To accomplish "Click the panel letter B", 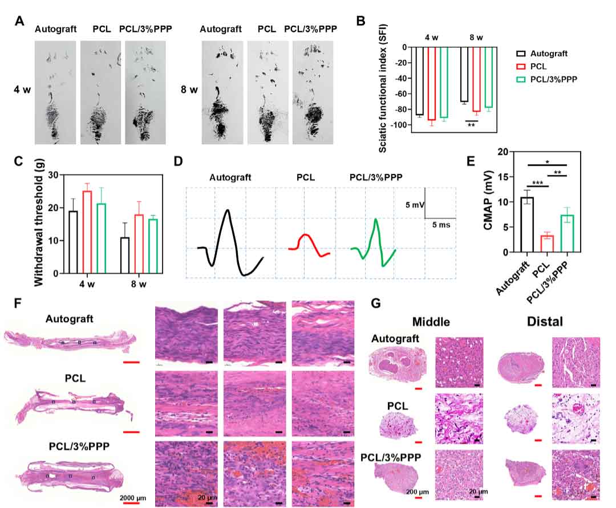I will tap(360, 21).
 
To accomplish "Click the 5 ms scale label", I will tap(441, 226).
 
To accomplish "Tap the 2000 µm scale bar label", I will tap(133, 498).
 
